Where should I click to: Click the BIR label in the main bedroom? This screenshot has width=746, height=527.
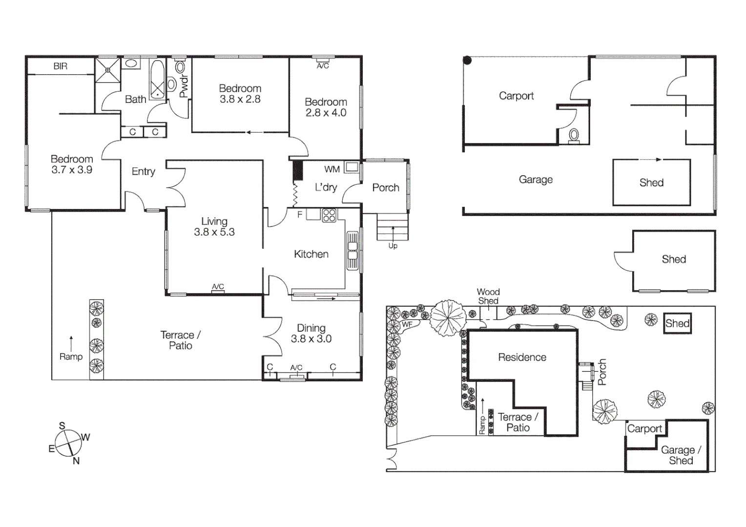coord(61,66)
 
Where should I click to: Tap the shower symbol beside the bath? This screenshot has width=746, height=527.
coord(107,70)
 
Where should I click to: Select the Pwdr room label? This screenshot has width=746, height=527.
coord(184,86)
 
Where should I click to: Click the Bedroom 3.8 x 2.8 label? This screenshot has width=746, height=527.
coord(240,94)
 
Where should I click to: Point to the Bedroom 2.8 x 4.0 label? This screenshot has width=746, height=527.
coord(326,107)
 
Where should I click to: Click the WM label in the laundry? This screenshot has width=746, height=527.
coord(332,169)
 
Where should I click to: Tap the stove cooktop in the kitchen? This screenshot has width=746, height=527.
coord(329,215)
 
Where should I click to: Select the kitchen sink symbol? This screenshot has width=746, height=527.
coord(352,250)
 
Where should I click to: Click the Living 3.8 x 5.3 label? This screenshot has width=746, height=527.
coord(214,227)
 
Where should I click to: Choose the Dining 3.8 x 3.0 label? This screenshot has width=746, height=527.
coord(311,333)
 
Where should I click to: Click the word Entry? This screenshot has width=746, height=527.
coord(143,171)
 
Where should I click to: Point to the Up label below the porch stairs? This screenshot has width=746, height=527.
coord(393,246)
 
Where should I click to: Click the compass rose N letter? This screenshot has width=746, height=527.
coord(76,461)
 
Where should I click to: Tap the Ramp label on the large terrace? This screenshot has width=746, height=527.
coord(71,357)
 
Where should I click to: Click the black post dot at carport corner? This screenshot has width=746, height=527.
coord(467,61)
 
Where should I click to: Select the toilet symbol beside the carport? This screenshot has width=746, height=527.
coord(574,135)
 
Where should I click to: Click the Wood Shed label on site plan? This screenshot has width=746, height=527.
coord(488,296)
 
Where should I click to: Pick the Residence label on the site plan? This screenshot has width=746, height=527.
coord(522,357)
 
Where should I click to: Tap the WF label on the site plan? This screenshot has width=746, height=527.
coord(407,324)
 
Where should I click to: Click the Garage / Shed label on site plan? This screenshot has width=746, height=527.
coord(681,455)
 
